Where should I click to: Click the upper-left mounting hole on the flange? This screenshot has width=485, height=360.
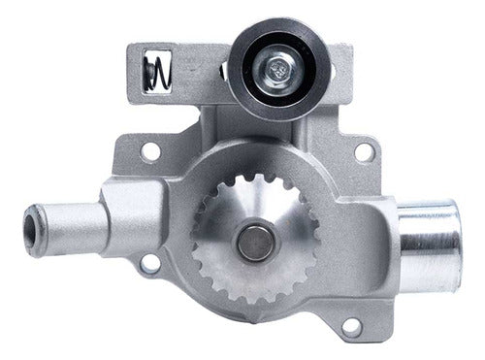[x=150, y=151]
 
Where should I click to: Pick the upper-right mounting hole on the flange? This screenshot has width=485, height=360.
[x=363, y=151]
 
